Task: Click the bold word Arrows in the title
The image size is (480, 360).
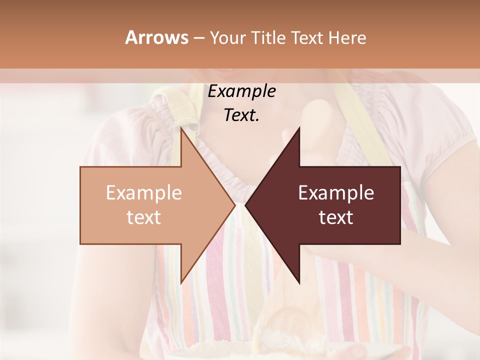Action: tap(156, 37)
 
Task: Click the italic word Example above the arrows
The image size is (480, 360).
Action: tap(241, 91)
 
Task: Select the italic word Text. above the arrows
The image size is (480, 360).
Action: tap(241, 115)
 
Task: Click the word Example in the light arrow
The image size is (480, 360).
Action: tap(144, 193)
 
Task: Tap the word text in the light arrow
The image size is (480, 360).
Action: tap(144, 217)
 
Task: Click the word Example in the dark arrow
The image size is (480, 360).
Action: tap(336, 193)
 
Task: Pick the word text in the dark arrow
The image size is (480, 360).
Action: tap(336, 217)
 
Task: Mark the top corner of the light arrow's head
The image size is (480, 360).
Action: tap(181, 128)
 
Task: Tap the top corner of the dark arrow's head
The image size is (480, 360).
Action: tap(299, 128)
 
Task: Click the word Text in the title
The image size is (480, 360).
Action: tap(306, 37)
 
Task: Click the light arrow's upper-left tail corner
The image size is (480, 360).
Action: tap(80, 167)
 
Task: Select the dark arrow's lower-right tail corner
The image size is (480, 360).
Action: tap(400, 244)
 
